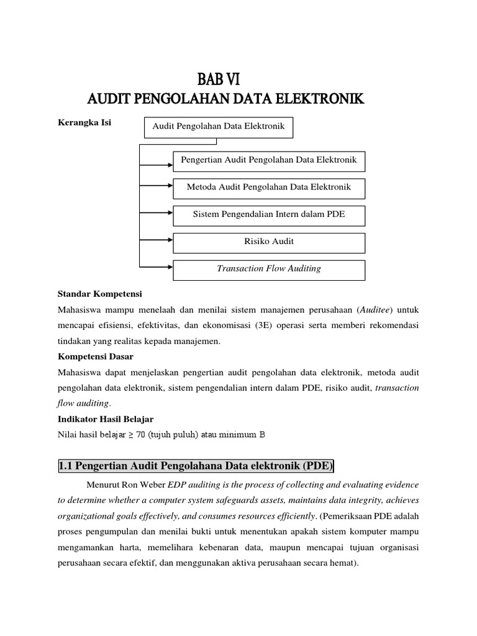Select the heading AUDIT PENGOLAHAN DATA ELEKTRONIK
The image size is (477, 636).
225,99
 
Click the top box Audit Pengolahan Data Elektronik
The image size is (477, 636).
214,126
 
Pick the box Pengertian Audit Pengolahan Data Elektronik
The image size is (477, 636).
268,160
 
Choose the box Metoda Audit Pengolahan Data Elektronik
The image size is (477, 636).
268,187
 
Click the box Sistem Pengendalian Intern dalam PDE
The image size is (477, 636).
268,214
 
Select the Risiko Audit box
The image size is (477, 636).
268,242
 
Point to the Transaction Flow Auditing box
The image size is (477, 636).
268,269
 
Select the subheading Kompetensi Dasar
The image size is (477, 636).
95,357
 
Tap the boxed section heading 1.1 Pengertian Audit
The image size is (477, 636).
196,466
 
